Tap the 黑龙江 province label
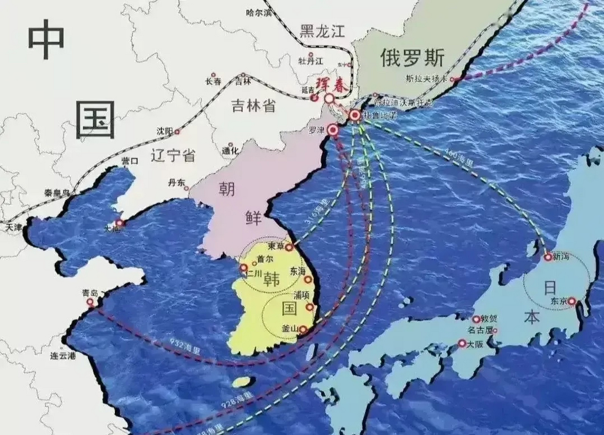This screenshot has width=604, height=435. [x=322, y=32]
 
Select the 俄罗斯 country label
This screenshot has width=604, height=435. [x=412, y=58]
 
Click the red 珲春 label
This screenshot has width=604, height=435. [x=332, y=85]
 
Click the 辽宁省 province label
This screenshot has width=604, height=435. [x=173, y=156]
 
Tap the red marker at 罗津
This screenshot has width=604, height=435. [x=333, y=130]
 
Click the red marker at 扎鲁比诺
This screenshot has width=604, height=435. [x=355, y=116]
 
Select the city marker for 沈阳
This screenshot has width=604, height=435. [x=177, y=132]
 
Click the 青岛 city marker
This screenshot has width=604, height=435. [x=90, y=302]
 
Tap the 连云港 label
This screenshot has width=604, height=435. [x=63, y=356]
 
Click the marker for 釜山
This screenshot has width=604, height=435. [x=303, y=329]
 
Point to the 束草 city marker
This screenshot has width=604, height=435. [x=289, y=247]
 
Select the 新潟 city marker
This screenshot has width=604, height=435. [x=548, y=257]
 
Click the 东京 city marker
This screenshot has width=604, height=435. [x=572, y=301]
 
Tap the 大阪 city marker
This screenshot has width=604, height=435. [x=462, y=344]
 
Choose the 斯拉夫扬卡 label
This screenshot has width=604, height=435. [x=426, y=79]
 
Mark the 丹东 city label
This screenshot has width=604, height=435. [x=176, y=183]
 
